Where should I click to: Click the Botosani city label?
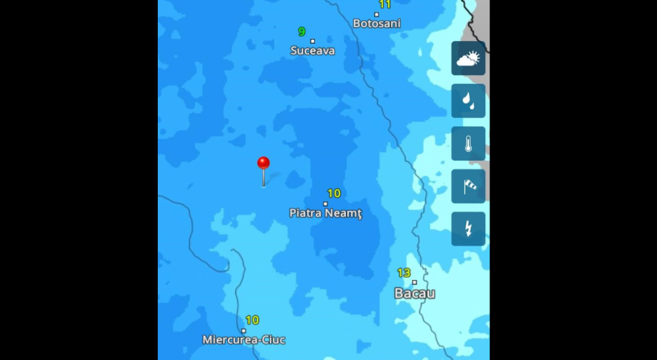(x=377, y=24)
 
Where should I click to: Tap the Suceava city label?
(x=312, y=51)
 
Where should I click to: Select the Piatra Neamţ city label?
(x=325, y=213)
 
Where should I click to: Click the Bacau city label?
(x=414, y=293)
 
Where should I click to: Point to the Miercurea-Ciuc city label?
(x=244, y=339)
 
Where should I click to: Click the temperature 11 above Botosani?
(x=384, y=4)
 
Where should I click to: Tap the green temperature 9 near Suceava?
(x=302, y=32)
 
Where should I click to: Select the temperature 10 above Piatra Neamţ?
(x=334, y=193)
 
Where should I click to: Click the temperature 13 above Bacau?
(x=404, y=273)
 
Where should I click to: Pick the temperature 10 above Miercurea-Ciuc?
(x=252, y=320)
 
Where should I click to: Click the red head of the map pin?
(x=263, y=163)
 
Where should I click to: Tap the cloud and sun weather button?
(x=468, y=58)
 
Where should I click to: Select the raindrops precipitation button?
(x=468, y=101)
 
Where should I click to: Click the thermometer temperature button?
(x=468, y=143)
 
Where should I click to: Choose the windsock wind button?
(x=468, y=186)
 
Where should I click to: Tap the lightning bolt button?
(x=468, y=228)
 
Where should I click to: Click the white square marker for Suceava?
(x=312, y=41)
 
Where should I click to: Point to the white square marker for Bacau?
(x=414, y=282)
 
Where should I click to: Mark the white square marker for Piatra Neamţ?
(x=325, y=203)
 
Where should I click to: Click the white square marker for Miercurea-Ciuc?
(x=243, y=330)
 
